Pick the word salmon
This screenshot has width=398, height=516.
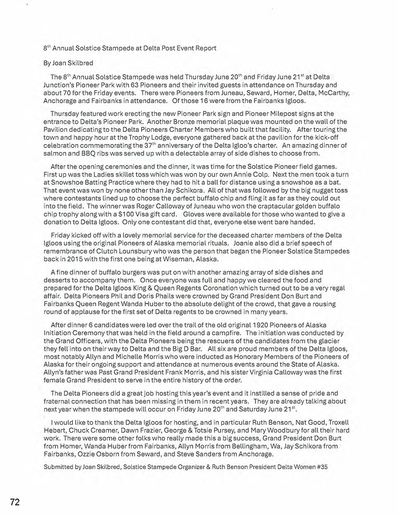[53, 154]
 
